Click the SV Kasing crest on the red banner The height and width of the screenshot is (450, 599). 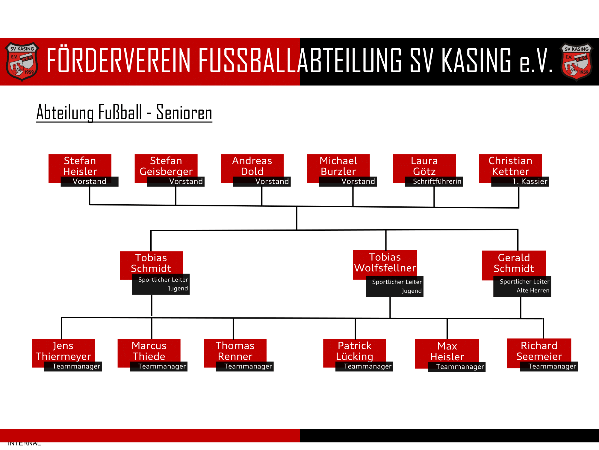[22, 62]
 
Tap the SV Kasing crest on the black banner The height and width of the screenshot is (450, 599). [576, 62]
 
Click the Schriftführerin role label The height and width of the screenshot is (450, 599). [437, 181]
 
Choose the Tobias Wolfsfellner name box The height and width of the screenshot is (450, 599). [385, 263]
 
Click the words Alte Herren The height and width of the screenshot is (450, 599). [533, 290]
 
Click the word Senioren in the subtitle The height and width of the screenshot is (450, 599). [184, 113]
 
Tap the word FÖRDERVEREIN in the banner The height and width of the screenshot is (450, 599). [119, 61]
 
